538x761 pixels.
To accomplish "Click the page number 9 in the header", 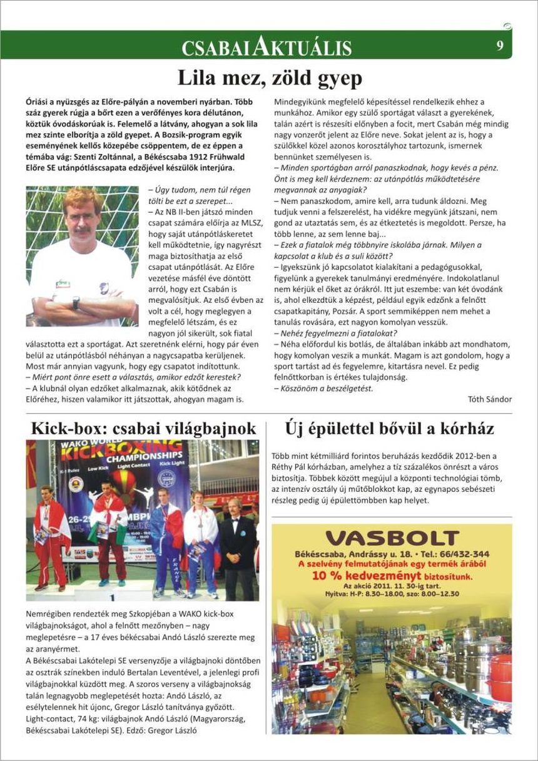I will [x=500, y=45].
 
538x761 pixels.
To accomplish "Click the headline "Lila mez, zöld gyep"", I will [x=270, y=78].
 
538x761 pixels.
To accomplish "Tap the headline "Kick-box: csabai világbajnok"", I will [x=143, y=429].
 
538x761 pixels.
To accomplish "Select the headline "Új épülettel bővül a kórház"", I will [x=389, y=429].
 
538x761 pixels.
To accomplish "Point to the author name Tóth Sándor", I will [x=490, y=399].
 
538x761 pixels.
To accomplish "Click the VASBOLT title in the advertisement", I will [x=392, y=538].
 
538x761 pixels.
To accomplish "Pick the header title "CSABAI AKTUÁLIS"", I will [x=266, y=48].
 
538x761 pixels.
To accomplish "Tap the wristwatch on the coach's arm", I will [x=76, y=302].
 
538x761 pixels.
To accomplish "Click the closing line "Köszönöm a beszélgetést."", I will [x=323, y=388].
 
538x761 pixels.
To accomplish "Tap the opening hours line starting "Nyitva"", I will [x=392, y=593].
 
